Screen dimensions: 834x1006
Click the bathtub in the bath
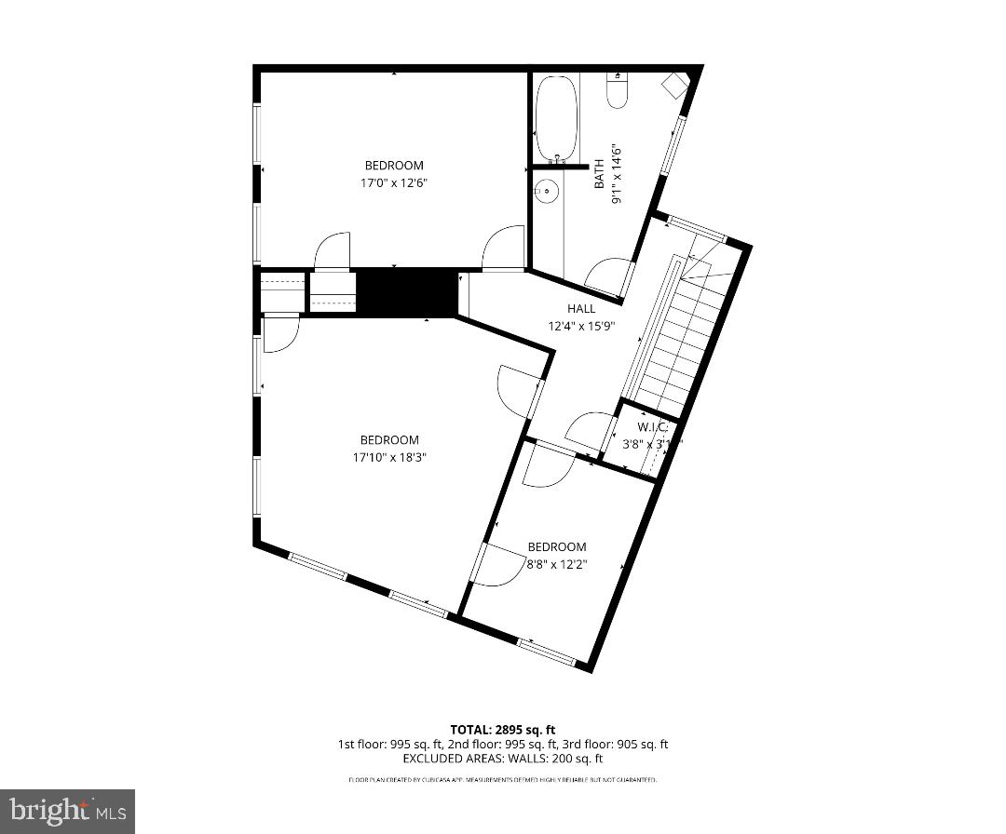(556, 117)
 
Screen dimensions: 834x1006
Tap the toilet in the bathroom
(618, 90)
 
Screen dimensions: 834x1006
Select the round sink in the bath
(547, 193)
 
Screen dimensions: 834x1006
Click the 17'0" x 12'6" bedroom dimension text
(394, 183)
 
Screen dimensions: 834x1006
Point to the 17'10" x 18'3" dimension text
(389, 457)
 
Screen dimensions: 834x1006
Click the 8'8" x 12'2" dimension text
(557, 564)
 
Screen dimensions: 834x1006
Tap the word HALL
(581, 309)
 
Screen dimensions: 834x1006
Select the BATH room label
(600, 174)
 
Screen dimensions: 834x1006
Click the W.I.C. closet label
(652, 427)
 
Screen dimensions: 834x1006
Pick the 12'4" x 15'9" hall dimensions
(581, 326)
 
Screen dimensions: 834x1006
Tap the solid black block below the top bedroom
(407, 291)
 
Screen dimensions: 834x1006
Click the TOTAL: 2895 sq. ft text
(502, 730)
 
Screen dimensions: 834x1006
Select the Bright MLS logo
(67, 811)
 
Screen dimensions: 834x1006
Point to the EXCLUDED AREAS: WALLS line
(502, 759)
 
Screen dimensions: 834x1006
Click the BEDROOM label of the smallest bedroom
(557, 547)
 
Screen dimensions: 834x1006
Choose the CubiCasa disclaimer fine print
(502, 779)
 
